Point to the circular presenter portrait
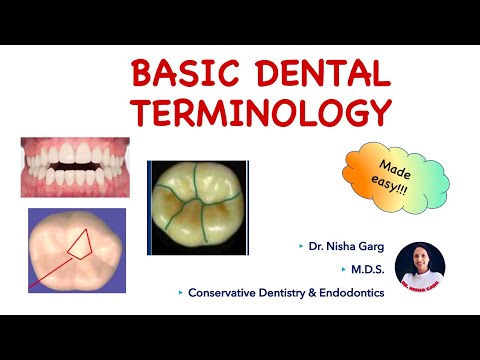tap(420, 268)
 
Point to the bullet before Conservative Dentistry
tap(180, 293)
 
